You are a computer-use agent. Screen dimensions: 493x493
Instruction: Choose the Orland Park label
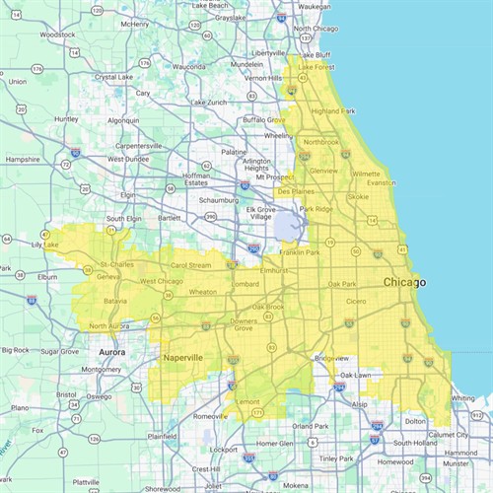click(x=312, y=426)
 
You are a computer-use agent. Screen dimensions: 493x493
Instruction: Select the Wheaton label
click(x=202, y=292)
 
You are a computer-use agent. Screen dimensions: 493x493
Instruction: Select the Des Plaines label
click(x=296, y=191)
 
